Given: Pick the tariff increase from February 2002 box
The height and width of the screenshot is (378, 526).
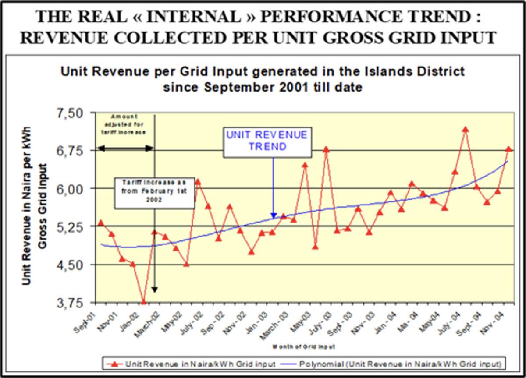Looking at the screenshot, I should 155,191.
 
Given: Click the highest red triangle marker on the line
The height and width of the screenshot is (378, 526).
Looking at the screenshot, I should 466,130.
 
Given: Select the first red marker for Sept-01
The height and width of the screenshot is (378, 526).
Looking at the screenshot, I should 101,223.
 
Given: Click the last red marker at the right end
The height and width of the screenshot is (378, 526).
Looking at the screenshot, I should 508,149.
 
